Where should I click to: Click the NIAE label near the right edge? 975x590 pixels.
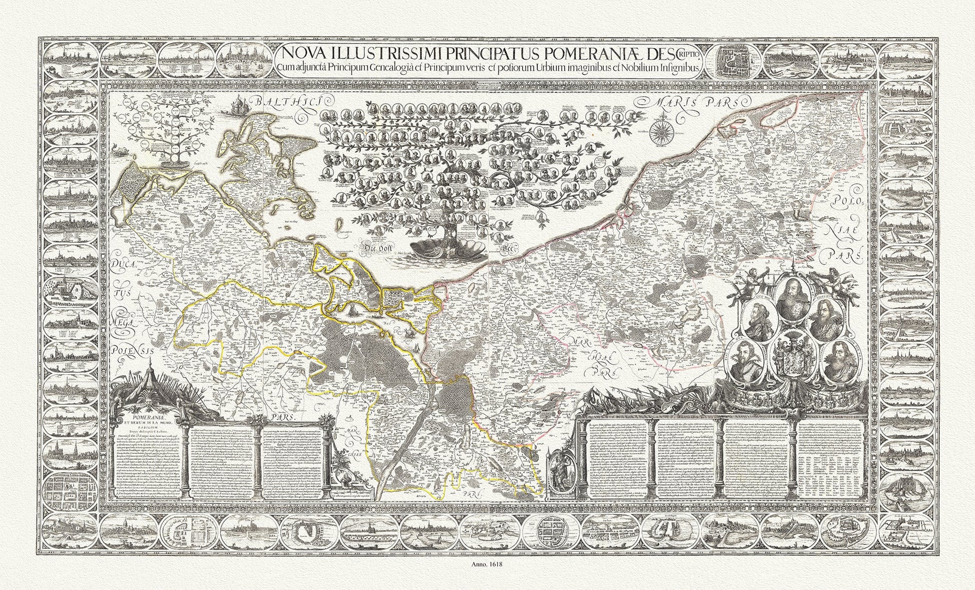[x=843, y=229]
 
